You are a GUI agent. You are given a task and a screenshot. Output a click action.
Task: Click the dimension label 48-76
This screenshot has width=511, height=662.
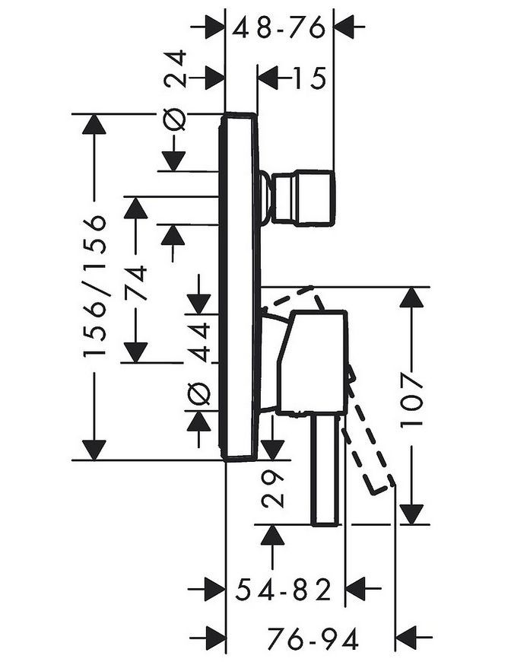pos(280,28)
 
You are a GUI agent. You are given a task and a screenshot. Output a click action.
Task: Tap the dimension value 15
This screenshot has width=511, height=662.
pos(309,78)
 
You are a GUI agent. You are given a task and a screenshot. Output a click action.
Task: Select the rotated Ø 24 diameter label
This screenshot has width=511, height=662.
pos(175,91)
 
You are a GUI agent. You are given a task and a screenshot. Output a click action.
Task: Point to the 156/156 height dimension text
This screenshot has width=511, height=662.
pos(94,287)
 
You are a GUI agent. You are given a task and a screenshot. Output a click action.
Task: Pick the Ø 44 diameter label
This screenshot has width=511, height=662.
pos(198,363)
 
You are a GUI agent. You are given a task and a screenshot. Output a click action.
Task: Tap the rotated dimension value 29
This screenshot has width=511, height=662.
pos(272,489)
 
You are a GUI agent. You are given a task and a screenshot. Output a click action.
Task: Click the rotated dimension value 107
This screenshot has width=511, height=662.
pos(411,399)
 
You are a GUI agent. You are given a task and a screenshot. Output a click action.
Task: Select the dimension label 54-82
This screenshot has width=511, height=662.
pos(283,590)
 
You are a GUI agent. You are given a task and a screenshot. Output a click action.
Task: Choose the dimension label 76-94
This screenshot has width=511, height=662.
pos(313,638)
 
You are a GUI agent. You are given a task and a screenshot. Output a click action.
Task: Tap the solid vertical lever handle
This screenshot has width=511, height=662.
pos(325,469)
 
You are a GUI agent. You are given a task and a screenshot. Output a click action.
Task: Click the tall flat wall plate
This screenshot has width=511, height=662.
pos(240,287)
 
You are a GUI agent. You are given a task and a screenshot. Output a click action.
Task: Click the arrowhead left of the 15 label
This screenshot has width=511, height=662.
pos(268,78)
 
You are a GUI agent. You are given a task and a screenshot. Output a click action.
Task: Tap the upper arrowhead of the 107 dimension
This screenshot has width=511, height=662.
pos(411,298)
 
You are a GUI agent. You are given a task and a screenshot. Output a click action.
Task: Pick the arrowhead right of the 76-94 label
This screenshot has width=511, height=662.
pos(405,638)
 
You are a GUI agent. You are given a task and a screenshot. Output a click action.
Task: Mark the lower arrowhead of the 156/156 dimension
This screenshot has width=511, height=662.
pos(94,450)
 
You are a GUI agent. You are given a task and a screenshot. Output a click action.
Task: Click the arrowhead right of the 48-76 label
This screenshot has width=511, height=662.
pos(344,27)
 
